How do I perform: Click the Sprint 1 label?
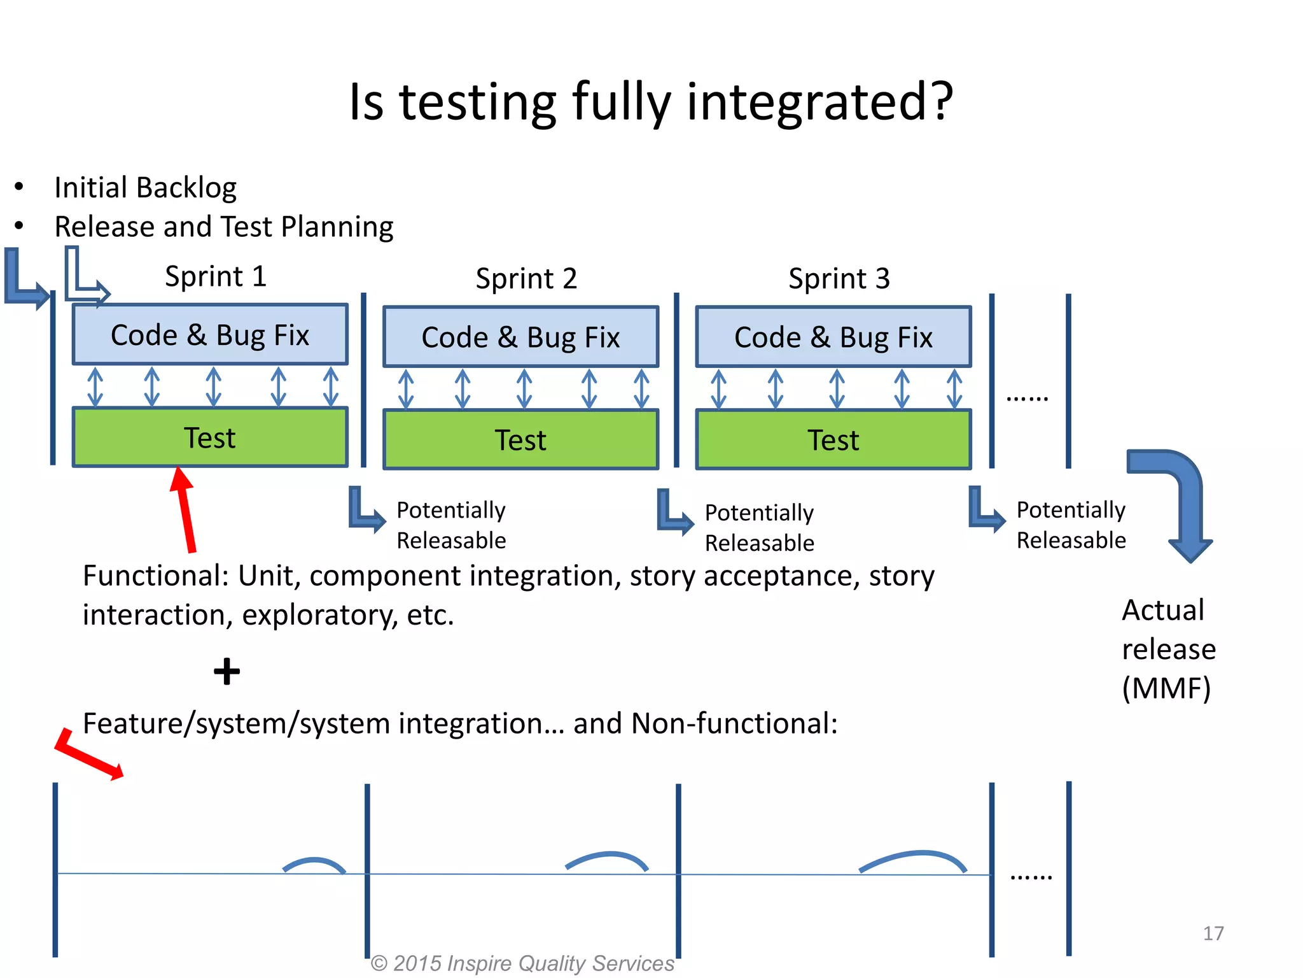tap(215, 276)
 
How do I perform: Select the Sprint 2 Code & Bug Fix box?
tap(520, 337)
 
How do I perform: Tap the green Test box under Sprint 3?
tap(833, 440)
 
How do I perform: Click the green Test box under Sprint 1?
tap(210, 438)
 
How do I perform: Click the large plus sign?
tap(226, 672)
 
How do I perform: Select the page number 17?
tap(1213, 933)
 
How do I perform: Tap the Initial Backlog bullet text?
tap(145, 188)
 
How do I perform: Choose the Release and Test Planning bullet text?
tap(223, 227)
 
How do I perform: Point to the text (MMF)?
tap(1166, 688)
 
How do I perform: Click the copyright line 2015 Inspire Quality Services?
tap(522, 963)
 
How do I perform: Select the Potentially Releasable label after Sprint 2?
tap(759, 527)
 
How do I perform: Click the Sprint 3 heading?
tap(839, 279)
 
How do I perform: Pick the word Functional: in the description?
tap(156, 576)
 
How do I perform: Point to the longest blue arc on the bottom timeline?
tap(913, 860)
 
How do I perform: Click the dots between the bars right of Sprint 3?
tap(1027, 398)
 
